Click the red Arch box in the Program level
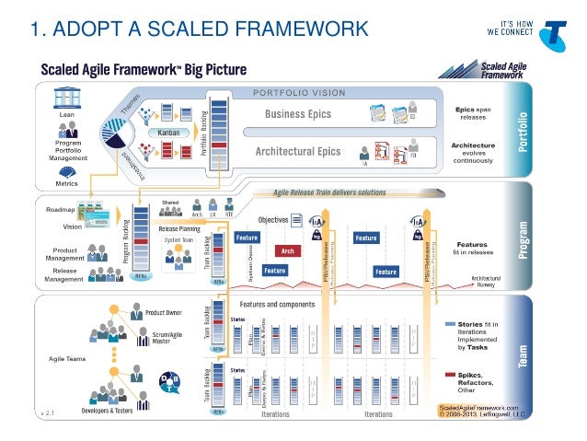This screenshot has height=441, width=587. click(x=286, y=250)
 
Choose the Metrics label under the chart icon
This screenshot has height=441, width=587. click(x=66, y=182)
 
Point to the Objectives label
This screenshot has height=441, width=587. click(x=273, y=220)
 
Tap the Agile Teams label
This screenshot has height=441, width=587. click(x=65, y=357)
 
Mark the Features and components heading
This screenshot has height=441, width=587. click(x=277, y=304)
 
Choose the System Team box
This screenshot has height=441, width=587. click(x=179, y=240)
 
